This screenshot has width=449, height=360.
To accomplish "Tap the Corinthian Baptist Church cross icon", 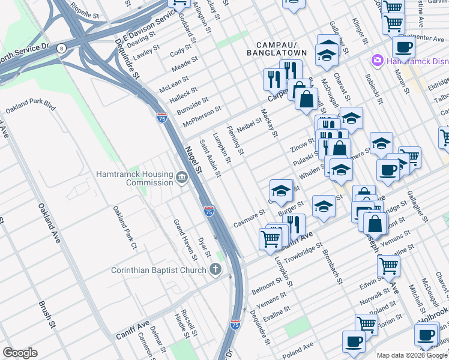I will point(215,270).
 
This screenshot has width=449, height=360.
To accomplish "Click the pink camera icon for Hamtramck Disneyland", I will point(378,60).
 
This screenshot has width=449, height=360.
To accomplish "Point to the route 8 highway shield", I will point(61,48).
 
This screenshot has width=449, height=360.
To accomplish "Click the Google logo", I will point(20,353).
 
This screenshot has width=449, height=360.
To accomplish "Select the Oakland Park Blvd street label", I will point(31,107).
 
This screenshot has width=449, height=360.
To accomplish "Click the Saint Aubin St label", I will point(211,159).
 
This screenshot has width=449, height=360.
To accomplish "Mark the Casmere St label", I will point(249,217).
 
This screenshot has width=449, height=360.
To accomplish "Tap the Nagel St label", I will point(193,161).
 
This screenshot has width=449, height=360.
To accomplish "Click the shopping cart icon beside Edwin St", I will point(388,265).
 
